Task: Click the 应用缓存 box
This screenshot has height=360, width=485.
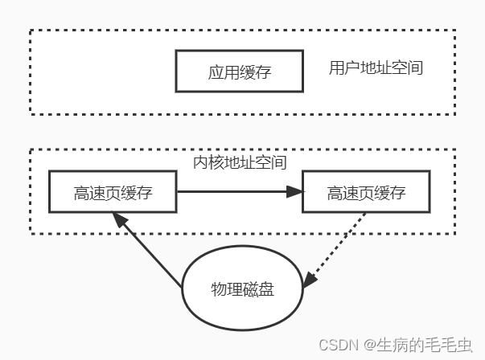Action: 239,72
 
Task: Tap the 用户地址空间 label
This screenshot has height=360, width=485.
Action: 376,67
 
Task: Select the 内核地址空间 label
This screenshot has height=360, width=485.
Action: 240,162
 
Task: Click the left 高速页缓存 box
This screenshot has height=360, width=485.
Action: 113,192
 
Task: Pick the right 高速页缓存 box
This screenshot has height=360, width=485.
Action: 365,192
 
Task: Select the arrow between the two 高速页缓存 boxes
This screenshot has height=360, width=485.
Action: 233,192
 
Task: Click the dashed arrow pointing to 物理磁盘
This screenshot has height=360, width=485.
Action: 339,247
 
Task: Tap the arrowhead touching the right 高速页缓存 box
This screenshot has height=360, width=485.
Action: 295,192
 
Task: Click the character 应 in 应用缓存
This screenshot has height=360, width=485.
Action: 215,72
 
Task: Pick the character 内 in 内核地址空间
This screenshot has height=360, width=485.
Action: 202,162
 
